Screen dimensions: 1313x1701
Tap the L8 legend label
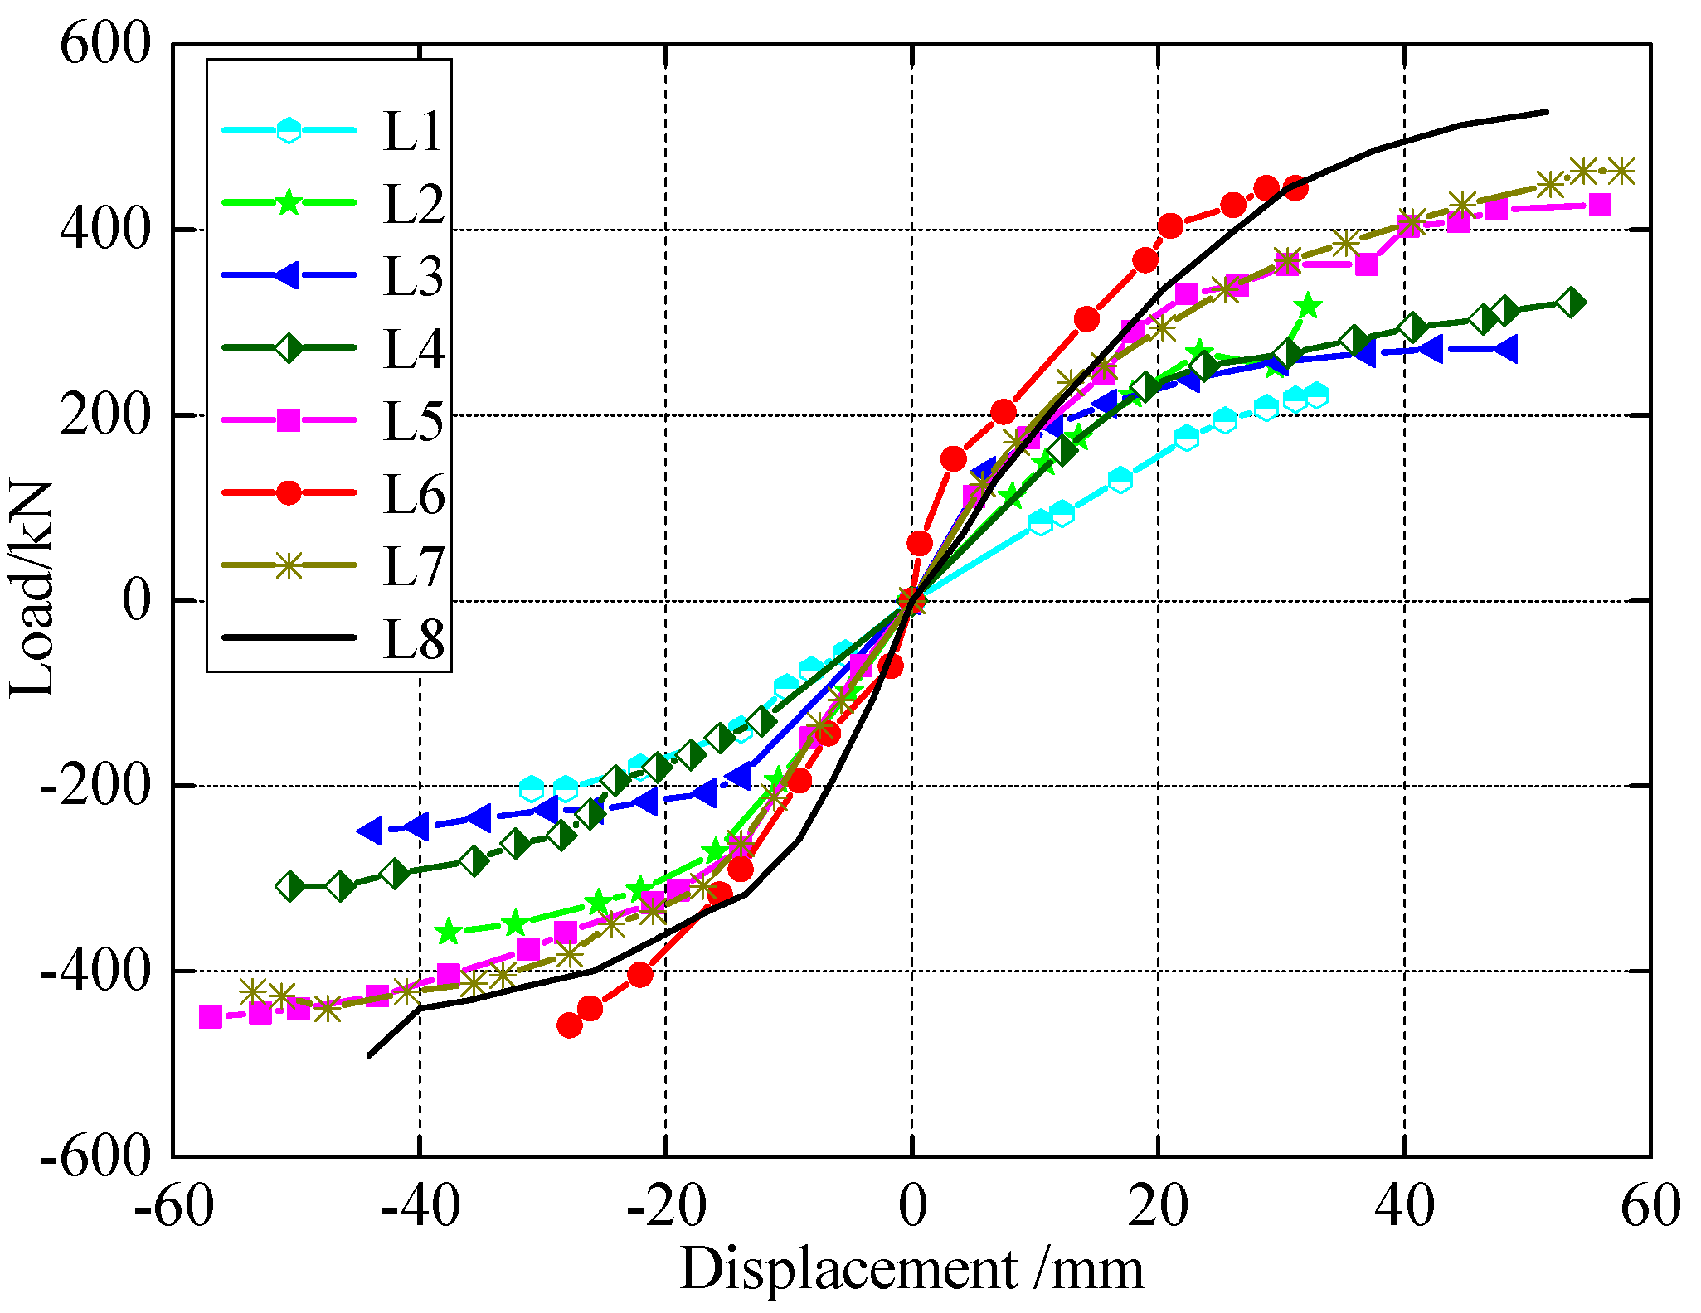413,640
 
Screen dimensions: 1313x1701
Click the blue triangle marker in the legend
288,275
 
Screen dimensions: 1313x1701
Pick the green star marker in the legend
288,202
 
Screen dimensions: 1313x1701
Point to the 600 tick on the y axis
105,43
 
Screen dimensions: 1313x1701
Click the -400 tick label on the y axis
95,970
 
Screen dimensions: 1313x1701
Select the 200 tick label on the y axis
105,414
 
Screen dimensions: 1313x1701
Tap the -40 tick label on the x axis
420,1207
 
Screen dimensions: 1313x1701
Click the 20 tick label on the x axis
1158,1207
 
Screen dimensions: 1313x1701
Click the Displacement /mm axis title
911,1269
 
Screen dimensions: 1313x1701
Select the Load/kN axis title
32,589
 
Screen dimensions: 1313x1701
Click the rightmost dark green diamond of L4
1570,303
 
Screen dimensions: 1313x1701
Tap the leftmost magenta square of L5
211,1017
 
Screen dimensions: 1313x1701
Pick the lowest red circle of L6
570,1025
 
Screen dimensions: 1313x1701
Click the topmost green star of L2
1307,306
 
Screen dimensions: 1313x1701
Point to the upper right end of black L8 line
1547,111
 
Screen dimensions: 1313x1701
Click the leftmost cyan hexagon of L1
532,788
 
